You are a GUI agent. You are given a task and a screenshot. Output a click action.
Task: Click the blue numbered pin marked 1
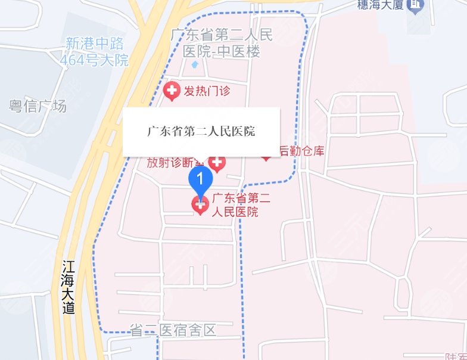(x=201, y=179)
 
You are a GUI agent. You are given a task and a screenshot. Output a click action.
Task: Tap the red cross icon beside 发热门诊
(x=172, y=91)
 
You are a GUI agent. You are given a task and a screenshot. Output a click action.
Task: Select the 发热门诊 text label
(x=206, y=91)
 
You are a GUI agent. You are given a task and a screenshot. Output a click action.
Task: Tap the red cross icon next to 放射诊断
(x=217, y=163)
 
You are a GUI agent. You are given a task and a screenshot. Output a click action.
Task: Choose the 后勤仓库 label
(x=301, y=151)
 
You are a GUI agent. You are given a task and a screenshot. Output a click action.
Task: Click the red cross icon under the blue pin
(x=200, y=206)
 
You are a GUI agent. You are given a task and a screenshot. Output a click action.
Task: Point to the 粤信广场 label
(x=38, y=107)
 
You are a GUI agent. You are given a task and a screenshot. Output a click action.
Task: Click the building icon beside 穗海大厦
(x=418, y=5)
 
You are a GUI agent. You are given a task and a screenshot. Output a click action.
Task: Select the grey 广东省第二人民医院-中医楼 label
(x=222, y=44)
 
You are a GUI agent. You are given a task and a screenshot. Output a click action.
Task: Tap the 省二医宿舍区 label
(x=172, y=330)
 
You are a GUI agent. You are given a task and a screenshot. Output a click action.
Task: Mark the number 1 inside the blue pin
(x=201, y=178)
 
